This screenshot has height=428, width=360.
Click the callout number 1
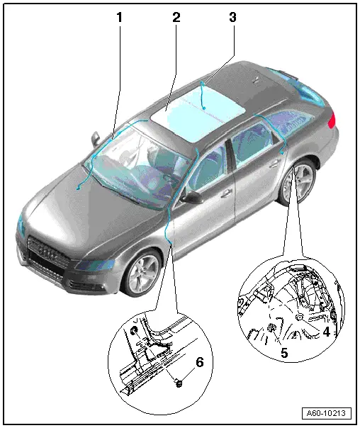coord(119,16)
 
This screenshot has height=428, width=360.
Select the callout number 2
coord(176,16)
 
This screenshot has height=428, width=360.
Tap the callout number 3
coord(232,16)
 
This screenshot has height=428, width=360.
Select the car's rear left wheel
coord(298,183)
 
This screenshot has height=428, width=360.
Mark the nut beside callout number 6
coord(179,383)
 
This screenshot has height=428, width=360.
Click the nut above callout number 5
coord(272,328)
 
